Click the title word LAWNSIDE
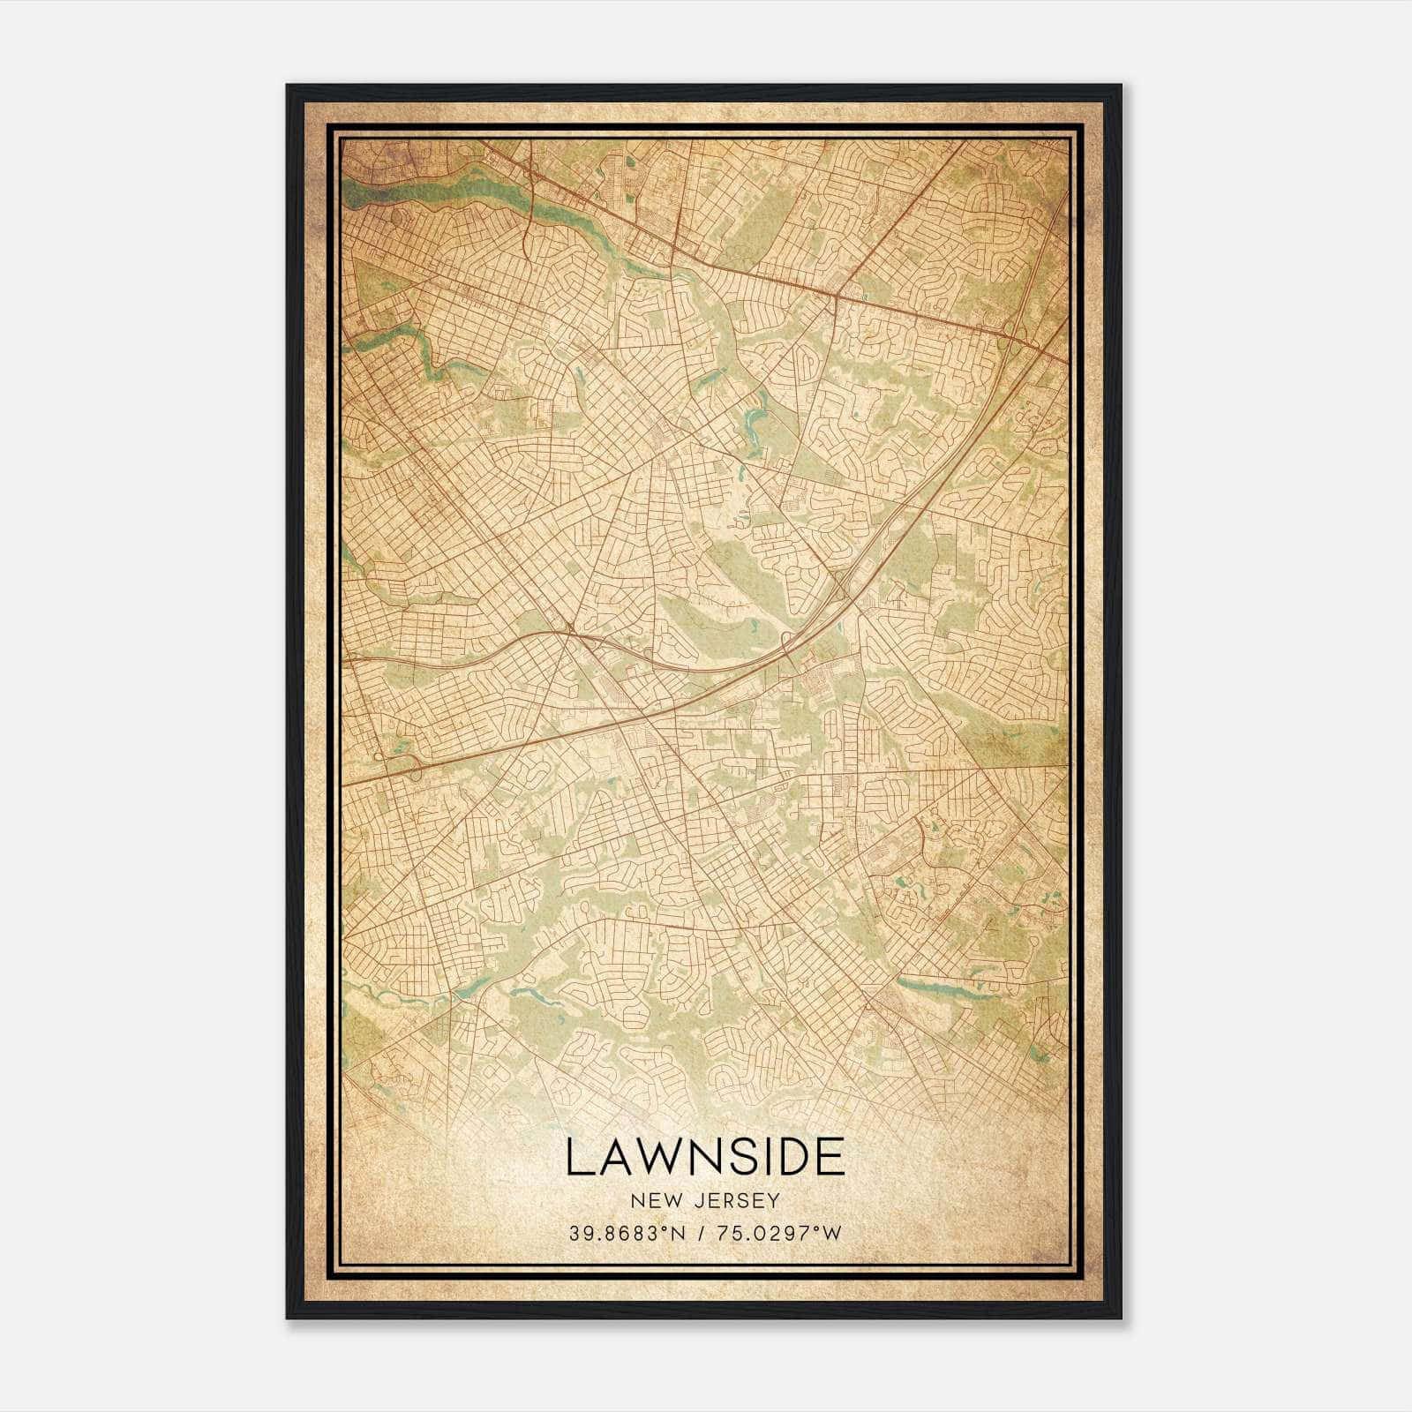coord(704,1157)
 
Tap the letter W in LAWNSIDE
coord(647,1157)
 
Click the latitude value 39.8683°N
coord(627,1233)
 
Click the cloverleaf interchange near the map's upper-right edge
coord(1013,329)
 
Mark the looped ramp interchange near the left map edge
coord(397,761)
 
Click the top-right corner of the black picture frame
coord(1120,86)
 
